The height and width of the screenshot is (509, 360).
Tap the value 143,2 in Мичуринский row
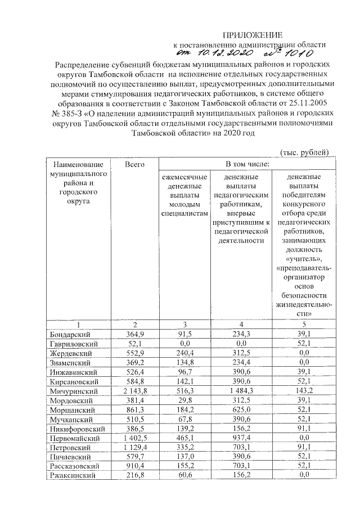point(303,390)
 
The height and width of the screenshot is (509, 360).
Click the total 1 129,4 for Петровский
point(134,447)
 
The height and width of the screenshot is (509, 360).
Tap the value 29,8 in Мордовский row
point(184,400)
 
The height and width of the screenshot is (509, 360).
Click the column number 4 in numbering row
point(242,324)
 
